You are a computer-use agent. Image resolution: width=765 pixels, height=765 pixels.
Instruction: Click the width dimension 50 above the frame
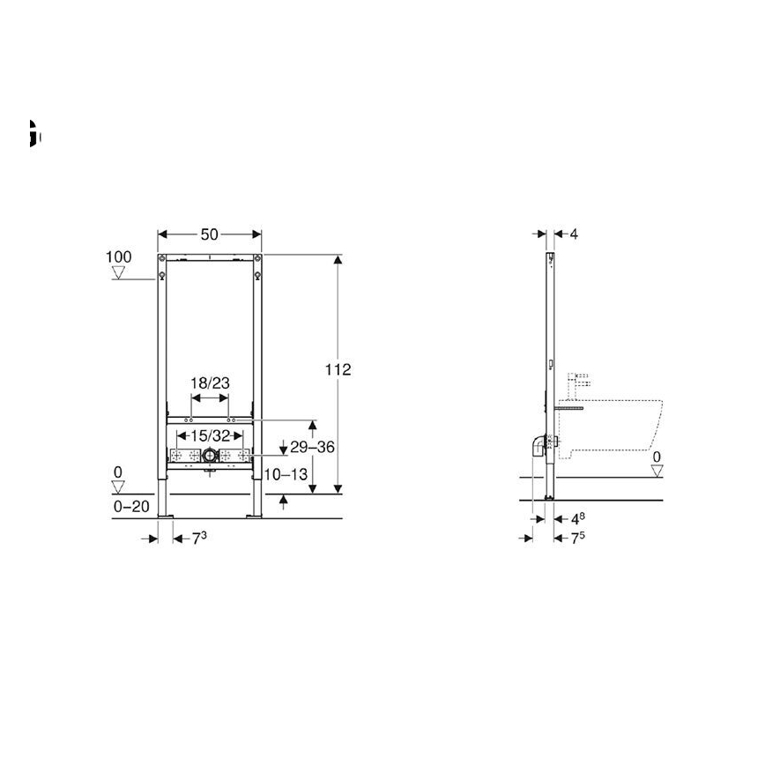210,234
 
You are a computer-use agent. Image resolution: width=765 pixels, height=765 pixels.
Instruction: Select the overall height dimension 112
338,370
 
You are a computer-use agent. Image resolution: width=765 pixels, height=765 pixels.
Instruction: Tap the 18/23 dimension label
210,383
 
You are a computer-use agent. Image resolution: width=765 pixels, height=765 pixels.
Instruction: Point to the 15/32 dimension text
210,435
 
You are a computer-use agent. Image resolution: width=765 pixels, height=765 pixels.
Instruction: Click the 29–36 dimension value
314,447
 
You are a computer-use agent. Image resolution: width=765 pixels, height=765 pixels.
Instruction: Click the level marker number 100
118,257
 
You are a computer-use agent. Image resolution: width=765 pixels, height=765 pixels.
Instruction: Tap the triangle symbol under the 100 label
118,273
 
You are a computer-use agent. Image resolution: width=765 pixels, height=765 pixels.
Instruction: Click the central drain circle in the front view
210,456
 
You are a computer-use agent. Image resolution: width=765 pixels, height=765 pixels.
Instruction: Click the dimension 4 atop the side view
574,234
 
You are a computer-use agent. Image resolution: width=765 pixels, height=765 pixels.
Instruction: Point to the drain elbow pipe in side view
536,446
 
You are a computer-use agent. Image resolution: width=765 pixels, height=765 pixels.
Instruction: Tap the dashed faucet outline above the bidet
583,381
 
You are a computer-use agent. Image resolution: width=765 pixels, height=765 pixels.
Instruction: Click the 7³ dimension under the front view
200,538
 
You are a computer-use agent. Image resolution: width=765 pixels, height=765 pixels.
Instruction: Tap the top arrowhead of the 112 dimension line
338,259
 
